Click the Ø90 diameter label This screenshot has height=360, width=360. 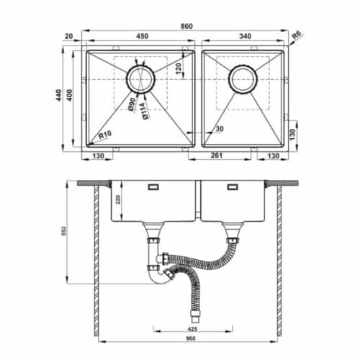(x=132, y=107)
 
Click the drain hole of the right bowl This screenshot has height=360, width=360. (x=243, y=78)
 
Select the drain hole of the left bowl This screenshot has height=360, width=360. (x=140, y=78)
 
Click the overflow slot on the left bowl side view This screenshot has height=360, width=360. (x=153, y=187)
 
